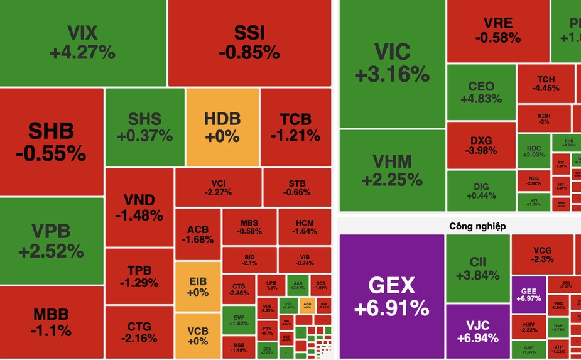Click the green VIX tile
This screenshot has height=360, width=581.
coord(83,42)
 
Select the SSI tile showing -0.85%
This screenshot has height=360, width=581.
coord(249,42)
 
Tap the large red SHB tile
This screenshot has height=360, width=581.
coord(52,141)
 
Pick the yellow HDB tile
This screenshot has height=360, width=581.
coord(222,126)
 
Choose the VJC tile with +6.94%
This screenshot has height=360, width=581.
coord(478,330)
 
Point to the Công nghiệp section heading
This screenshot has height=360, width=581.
coord(477,226)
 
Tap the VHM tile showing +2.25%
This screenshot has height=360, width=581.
coord(391,170)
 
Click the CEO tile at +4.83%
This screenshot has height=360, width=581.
coord(481,92)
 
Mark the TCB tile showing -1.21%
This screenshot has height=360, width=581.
coord(295,126)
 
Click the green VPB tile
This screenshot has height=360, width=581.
coord(52,241)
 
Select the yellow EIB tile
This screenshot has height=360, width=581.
coord(198,286)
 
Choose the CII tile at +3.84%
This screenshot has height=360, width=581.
coord(477,268)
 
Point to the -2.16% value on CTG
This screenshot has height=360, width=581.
coord(139,339)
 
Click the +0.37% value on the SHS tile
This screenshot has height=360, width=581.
coord(145,135)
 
